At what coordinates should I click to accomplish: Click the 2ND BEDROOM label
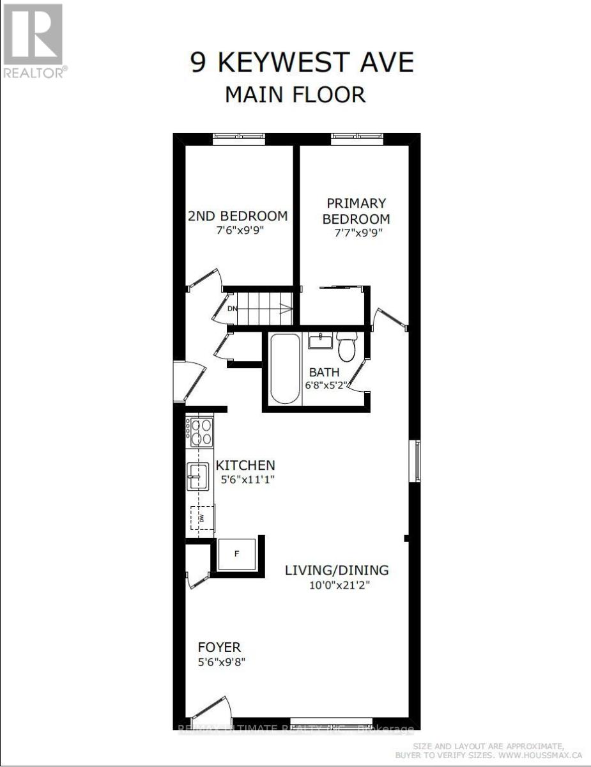coord(237,215)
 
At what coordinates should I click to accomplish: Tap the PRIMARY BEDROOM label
coord(356,211)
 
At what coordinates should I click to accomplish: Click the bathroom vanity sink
coord(319,341)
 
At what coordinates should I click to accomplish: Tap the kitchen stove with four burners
coord(200,431)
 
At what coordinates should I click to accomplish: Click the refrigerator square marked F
coord(236,554)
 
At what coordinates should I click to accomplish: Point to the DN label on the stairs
coord(233,309)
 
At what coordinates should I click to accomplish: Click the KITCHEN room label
coord(245,465)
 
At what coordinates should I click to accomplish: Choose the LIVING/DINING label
coord(336,570)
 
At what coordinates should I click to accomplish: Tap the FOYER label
coord(219,647)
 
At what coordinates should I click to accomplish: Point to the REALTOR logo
coord(33,40)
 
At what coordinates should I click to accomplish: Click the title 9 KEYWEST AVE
coord(302,63)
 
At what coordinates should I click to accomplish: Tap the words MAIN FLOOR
coord(295,95)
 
